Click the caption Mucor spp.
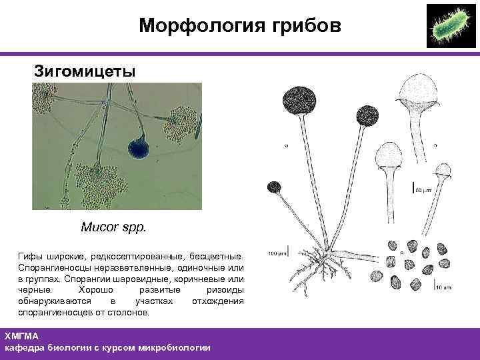[x=112, y=227]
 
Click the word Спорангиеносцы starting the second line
[x=53, y=267]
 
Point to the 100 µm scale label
[x=277, y=253]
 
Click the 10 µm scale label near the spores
[x=445, y=288]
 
